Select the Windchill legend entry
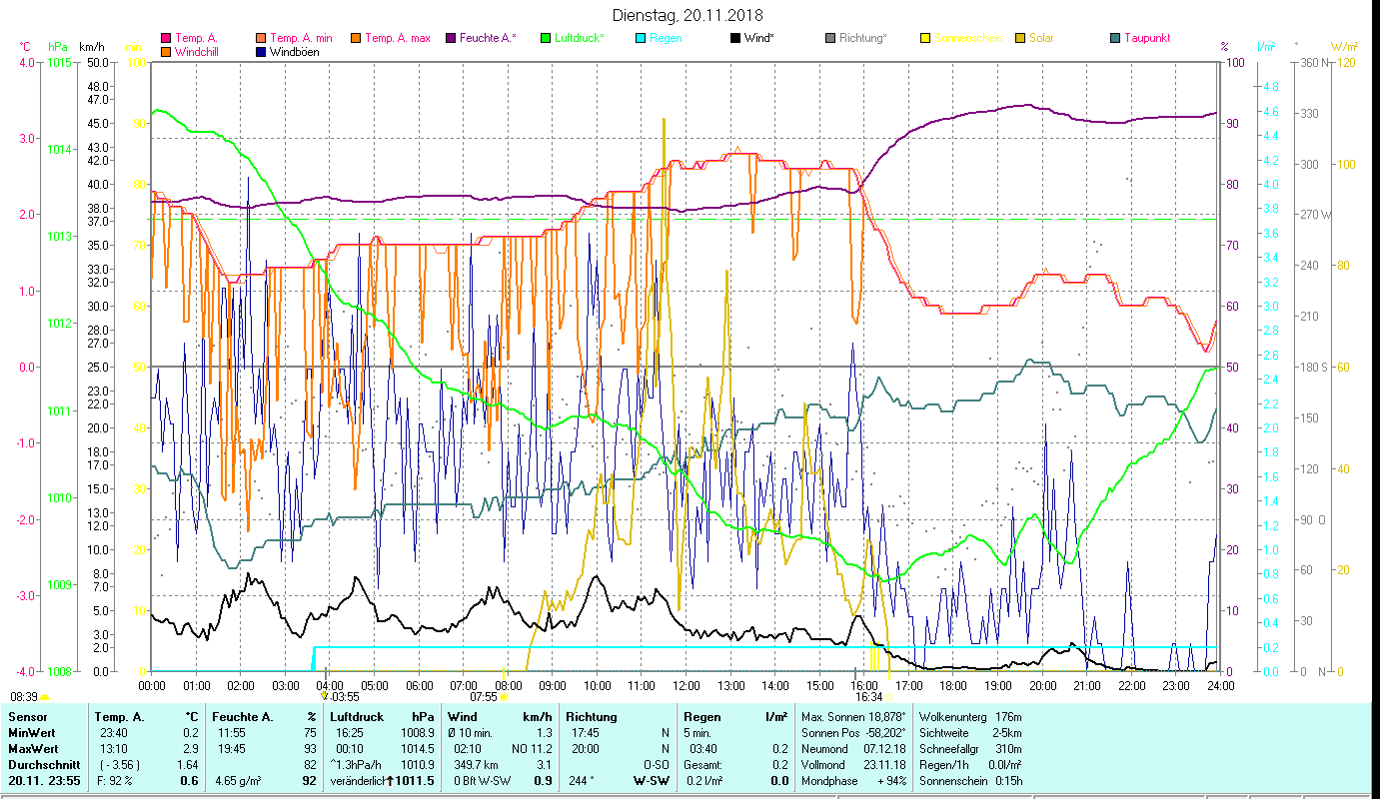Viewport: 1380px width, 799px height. tap(198, 52)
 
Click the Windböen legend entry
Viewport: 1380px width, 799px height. tap(294, 52)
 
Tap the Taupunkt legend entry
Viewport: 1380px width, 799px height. tap(1146, 39)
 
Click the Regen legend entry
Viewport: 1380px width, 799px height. tap(666, 39)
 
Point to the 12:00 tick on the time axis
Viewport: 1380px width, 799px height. tap(687, 686)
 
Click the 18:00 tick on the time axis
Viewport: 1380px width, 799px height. tap(953, 686)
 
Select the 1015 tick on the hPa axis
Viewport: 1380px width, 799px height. tap(59, 63)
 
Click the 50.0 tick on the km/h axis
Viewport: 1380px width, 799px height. tap(97, 63)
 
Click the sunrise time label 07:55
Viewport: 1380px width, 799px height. tap(484, 697)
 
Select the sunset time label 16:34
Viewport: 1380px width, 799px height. tap(868, 697)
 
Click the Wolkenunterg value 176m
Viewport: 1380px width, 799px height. tap(1008, 717)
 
